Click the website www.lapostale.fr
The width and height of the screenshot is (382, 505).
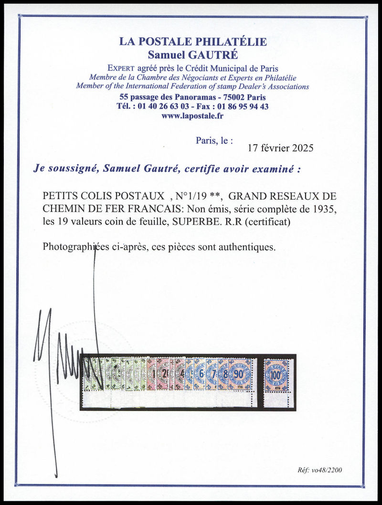193,116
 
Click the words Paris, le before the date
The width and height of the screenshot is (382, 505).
214,140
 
